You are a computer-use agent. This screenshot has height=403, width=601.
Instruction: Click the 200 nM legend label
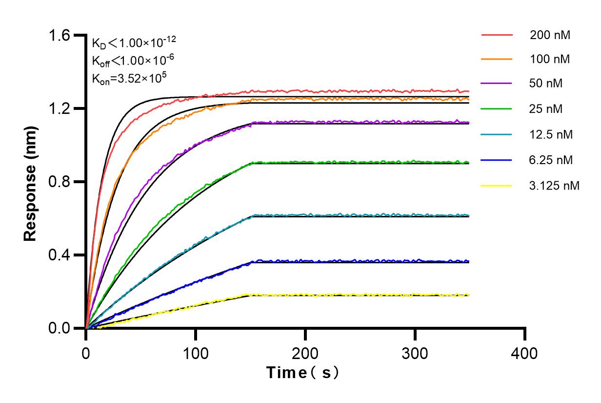click(550, 35)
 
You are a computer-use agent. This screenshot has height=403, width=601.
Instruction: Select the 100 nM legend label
click(550, 60)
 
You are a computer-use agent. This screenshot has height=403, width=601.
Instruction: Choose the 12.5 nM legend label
click(551, 134)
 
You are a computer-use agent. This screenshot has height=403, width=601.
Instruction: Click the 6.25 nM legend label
click(551, 160)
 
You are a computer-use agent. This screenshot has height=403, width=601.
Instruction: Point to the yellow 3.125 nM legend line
click(497, 186)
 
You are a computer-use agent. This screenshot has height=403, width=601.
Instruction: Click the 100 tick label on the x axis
click(196, 352)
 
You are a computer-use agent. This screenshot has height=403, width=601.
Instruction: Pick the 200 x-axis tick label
click(305, 352)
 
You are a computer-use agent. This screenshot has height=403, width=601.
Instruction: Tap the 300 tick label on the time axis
click(415, 352)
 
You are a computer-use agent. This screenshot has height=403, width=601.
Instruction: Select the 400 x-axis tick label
click(525, 352)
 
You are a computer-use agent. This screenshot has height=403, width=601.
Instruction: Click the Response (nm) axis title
click(31, 182)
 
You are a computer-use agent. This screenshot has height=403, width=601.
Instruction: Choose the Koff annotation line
click(126, 60)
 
